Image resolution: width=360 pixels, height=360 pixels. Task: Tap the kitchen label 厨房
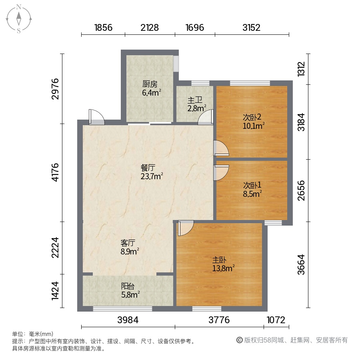150,84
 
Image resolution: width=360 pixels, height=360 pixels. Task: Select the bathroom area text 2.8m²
197,108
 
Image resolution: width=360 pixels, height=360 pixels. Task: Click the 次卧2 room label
252,117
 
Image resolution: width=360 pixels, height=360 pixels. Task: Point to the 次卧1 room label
252,185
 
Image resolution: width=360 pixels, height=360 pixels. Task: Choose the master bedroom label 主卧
219,260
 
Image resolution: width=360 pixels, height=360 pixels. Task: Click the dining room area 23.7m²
152,176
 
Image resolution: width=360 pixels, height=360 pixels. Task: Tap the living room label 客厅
128,243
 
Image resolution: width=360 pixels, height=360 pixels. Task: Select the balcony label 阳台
128,286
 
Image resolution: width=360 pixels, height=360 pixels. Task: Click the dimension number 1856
103,28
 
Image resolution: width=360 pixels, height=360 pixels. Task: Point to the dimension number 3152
252,28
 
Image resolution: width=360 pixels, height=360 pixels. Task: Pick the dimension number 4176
55,172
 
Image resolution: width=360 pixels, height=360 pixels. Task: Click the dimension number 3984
128,320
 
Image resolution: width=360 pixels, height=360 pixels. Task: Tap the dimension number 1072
276,320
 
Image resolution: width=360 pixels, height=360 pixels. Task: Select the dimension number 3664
301,264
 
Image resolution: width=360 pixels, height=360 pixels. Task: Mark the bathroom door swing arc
206,117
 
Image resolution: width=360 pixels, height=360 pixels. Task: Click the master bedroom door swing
186,228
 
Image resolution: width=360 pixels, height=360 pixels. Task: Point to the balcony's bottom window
123,309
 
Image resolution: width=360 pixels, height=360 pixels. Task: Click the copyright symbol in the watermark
240,340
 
